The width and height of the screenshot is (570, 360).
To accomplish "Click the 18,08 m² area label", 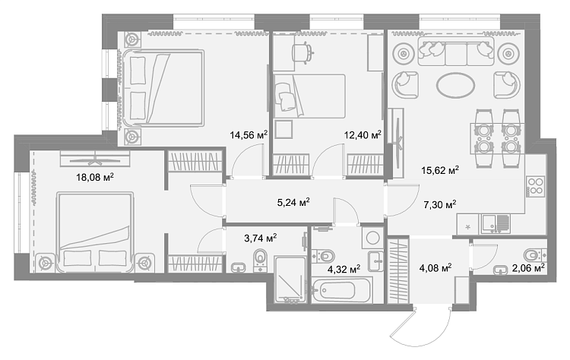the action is click(x=95, y=177).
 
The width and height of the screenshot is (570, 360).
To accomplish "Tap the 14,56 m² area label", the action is click(x=249, y=135).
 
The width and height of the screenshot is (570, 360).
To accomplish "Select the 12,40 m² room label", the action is click(x=363, y=135).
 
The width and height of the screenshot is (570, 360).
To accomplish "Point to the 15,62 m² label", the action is click(x=440, y=170).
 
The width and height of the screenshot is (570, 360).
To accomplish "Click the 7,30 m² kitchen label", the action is click(x=440, y=205).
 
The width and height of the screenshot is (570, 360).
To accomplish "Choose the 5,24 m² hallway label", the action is click(x=293, y=202).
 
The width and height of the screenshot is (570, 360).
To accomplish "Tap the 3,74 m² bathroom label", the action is click(x=261, y=238).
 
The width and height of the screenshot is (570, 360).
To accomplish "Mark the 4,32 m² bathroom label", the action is click(x=344, y=269).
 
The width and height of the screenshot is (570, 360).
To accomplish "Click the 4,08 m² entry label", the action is click(x=435, y=268).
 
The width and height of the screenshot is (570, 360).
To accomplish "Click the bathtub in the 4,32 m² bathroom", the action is click(x=342, y=290).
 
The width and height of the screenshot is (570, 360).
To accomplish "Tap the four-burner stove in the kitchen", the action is click(x=536, y=186).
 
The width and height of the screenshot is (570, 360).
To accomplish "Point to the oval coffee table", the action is click(x=455, y=86).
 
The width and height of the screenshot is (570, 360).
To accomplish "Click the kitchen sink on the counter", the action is click(x=496, y=224).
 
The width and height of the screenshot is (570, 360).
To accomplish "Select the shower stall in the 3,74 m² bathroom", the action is click(x=290, y=279).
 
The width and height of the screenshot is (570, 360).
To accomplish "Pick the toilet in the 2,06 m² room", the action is click(x=536, y=254).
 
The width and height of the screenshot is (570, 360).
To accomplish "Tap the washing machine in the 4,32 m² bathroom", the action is click(x=372, y=238).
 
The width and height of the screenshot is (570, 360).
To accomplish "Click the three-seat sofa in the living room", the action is click(x=456, y=51).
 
